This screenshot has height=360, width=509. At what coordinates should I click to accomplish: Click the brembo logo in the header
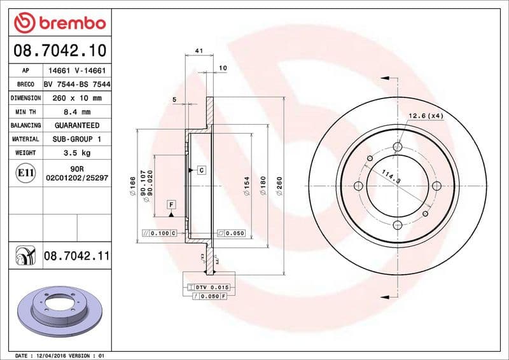[59, 24]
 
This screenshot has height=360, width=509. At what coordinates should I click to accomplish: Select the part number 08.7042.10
[59, 49]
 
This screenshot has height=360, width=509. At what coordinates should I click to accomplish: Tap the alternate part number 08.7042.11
[77, 256]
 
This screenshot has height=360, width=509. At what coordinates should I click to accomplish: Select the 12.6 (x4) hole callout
[426, 116]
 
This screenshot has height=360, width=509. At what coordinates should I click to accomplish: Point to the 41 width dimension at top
[199, 50]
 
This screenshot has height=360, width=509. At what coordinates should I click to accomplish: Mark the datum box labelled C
[201, 170]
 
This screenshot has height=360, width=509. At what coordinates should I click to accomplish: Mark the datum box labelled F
[171, 204]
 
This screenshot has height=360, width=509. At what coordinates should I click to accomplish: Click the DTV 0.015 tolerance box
[210, 287]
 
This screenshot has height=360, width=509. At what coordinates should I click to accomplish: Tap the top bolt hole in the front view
[398, 147]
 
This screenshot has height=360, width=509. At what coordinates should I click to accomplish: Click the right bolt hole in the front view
[436, 186]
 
